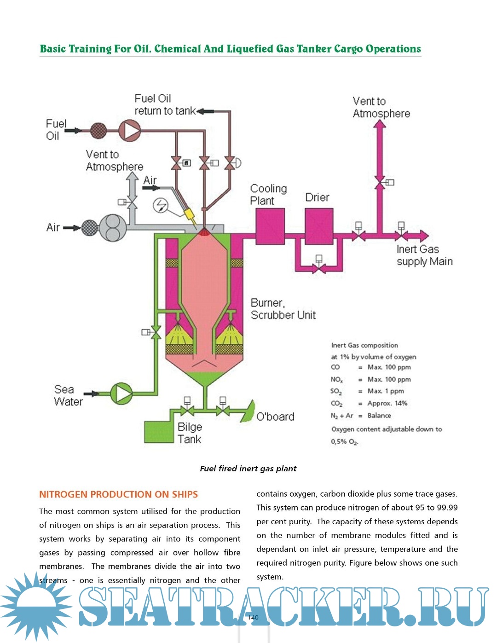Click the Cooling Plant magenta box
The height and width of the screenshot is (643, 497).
coord(270,226)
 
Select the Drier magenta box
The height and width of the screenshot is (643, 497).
coord(319,226)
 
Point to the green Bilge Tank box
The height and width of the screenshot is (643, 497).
coord(159,432)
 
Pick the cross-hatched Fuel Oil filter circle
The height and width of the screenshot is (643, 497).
coord(98,131)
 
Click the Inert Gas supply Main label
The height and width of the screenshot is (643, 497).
coord(424,255)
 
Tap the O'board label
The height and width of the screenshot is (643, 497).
coord(275,417)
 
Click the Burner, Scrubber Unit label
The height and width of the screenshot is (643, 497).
coord(283,309)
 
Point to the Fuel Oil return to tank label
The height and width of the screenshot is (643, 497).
coord(164,104)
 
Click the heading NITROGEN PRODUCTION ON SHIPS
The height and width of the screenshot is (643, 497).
coord(118,494)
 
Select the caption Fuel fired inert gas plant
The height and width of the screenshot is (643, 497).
coord(248,469)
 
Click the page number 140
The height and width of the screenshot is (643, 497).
coord(253,618)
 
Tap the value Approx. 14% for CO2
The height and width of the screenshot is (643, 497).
coord(387,403)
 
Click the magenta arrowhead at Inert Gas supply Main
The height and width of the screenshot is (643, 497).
coord(423,236)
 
